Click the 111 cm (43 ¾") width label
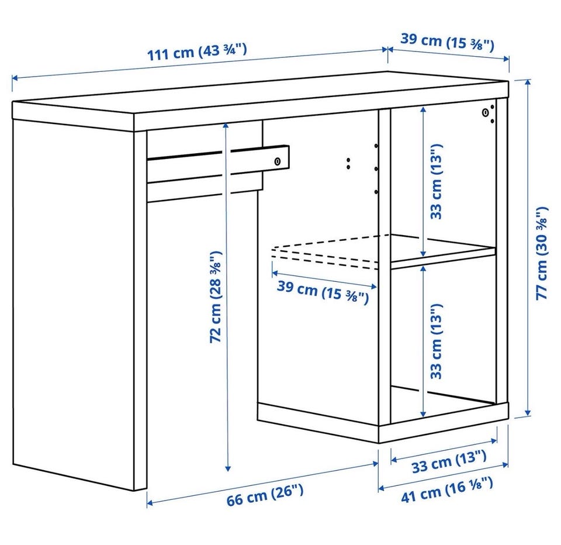coord(197,52)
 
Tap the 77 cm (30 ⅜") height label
coord(542,253)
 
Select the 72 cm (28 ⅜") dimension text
coord(216,297)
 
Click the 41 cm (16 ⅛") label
coord(447,490)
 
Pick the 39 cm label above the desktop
coord(447,42)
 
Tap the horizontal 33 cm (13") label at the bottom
coord(449,461)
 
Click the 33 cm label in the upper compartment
coord(436,181)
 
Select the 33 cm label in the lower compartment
coord(436,342)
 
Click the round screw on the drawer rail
coord(278,161)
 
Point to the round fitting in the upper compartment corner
coord(486,113)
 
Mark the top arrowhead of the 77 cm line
coord(528,82)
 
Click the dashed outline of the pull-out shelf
coord(325,251)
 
